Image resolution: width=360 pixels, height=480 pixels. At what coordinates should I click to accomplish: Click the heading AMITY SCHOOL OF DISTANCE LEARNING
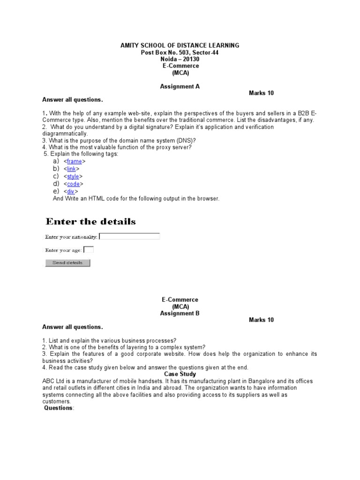[x=180, y=45]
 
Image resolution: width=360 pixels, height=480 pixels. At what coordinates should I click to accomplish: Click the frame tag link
[x=74, y=161]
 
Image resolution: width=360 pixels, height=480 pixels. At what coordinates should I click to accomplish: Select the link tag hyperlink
[x=71, y=169]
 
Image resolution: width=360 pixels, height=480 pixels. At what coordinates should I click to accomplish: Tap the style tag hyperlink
[x=73, y=177]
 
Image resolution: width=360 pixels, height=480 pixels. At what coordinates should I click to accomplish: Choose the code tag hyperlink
[x=73, y=184]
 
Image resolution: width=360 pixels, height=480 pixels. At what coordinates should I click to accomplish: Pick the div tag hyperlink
[x=70, y=192]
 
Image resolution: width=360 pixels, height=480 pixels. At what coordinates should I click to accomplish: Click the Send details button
[x=67, y=263]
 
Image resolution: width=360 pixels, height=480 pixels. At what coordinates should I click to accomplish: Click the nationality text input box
[x=130, y=237]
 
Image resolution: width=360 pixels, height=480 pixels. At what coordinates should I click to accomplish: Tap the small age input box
[x=88, y=250]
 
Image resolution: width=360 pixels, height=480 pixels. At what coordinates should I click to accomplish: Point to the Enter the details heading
[x=90, y=221]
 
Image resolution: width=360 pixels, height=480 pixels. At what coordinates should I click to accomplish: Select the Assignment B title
[x=180, y=313]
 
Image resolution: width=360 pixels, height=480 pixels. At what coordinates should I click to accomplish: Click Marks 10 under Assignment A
[x=261, y=93]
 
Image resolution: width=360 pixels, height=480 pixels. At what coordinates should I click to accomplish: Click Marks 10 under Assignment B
[x=261, y=320]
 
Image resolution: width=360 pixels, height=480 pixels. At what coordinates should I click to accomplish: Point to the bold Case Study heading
[x=180, y=375]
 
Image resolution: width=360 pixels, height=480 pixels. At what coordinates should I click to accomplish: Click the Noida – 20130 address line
[x=180, y=59]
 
